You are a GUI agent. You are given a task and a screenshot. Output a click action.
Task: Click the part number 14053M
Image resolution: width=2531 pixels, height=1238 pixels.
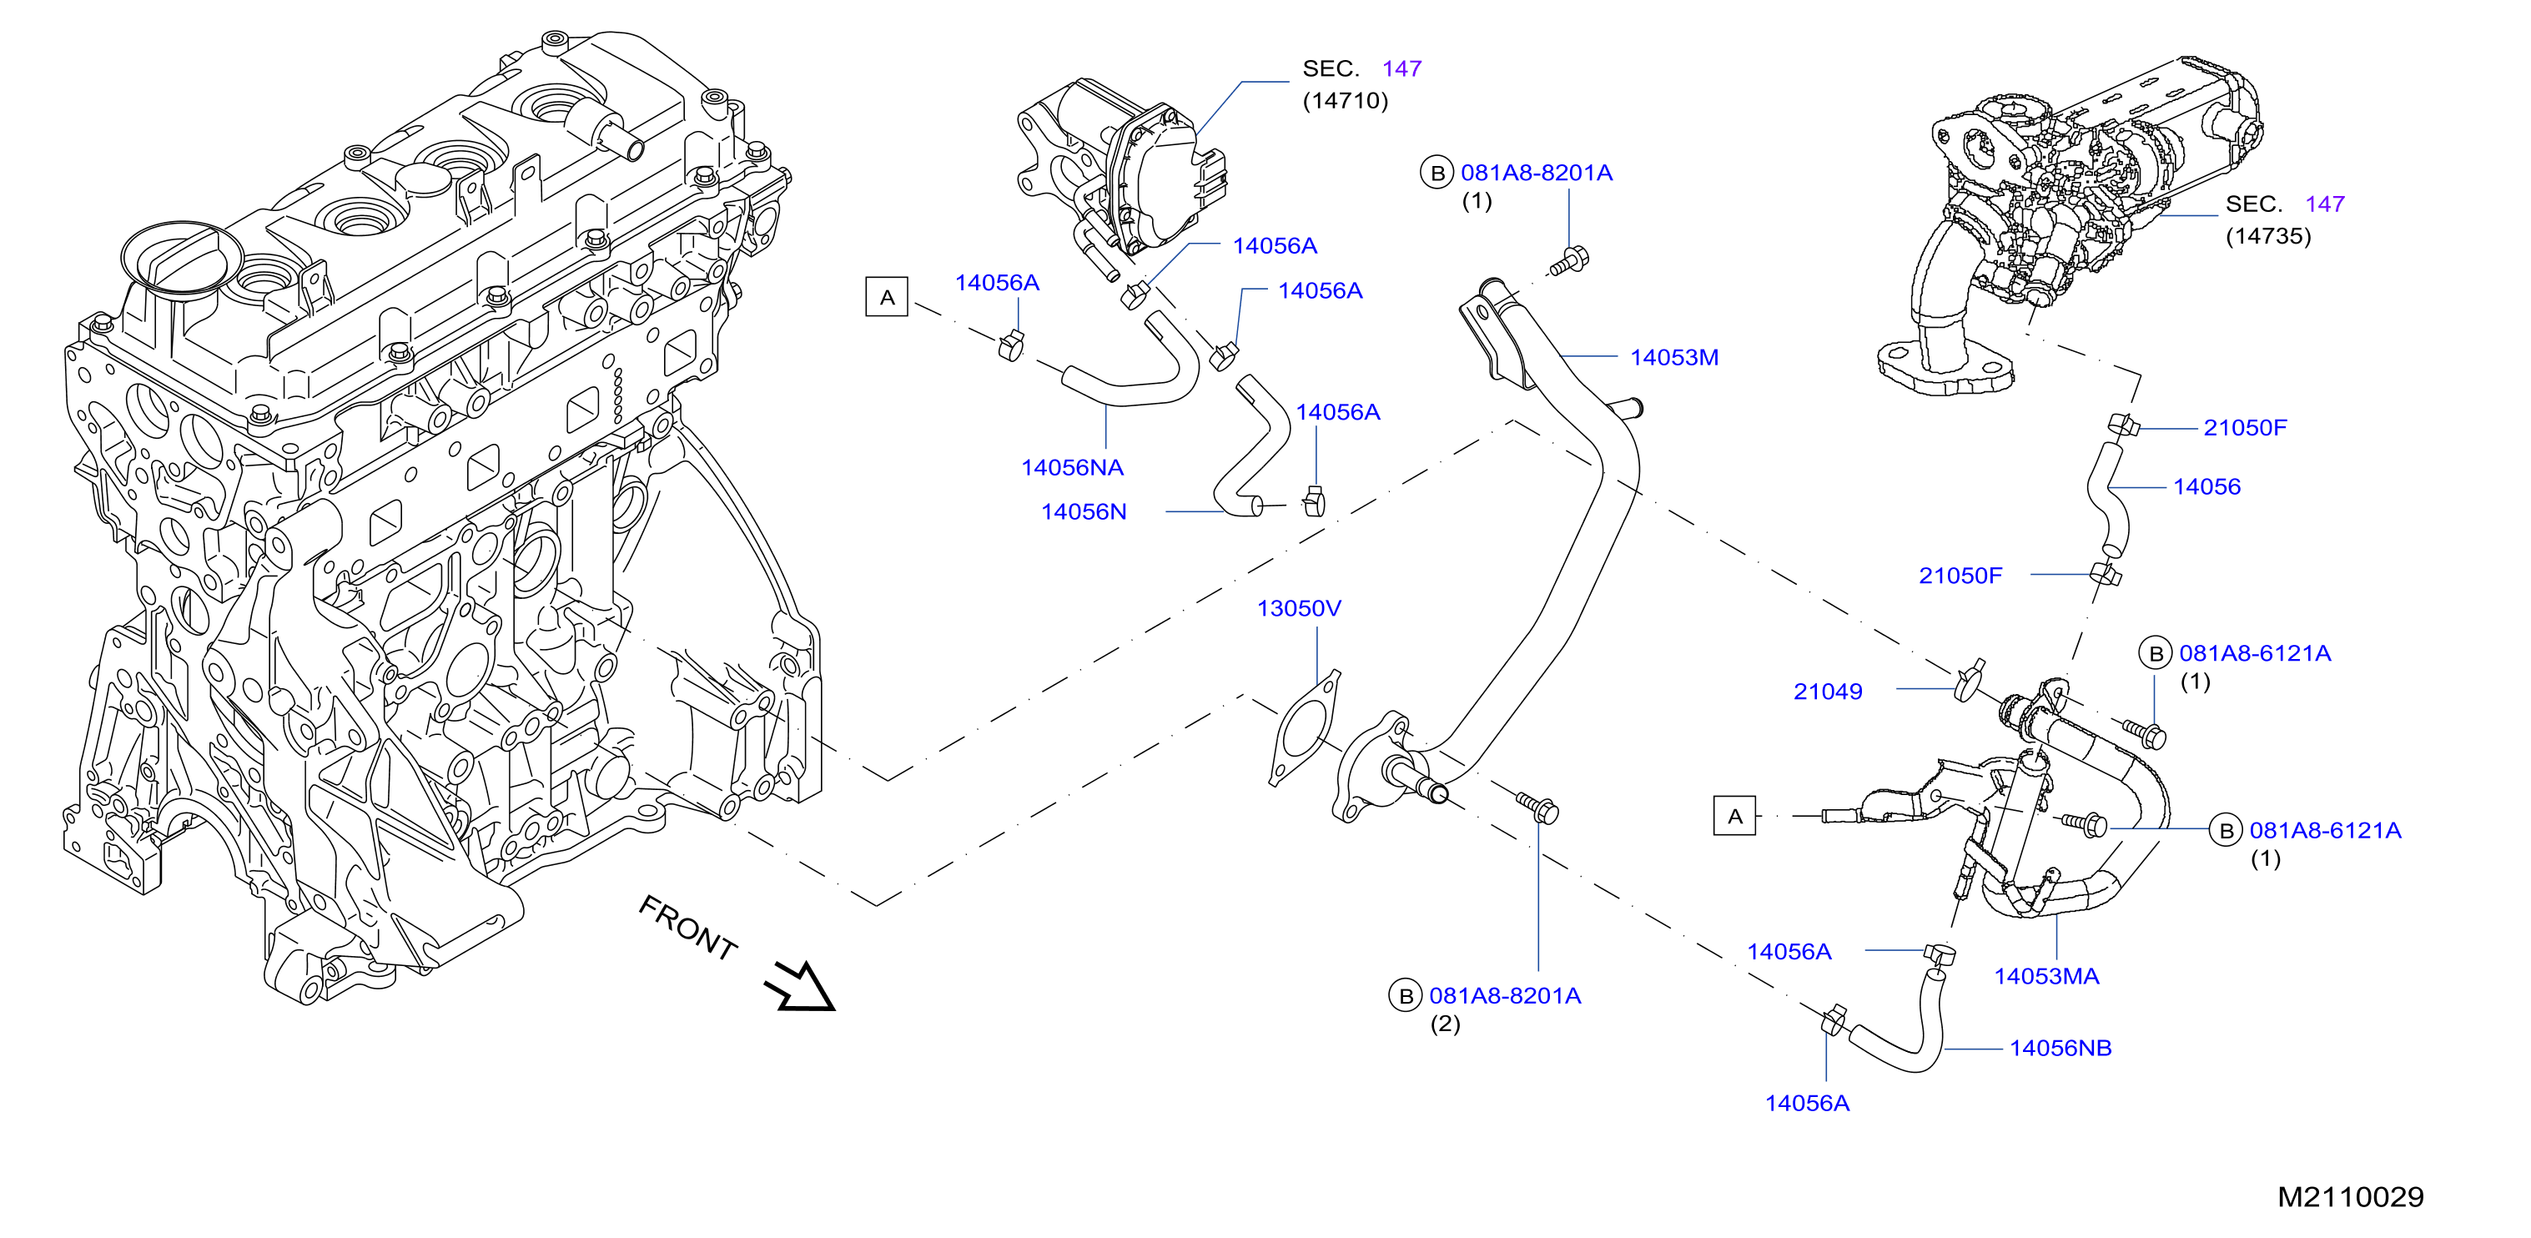[1673, 358]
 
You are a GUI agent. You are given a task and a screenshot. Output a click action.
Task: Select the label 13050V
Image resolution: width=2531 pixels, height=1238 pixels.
[1298, 608]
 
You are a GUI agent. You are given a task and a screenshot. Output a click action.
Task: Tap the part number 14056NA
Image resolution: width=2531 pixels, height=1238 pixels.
[1072, 468]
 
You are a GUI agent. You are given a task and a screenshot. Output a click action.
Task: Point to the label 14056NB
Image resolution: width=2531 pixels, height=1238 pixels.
[2061, 1049]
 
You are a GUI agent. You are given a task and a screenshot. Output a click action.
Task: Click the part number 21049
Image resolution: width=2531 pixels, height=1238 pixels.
[1828, 692]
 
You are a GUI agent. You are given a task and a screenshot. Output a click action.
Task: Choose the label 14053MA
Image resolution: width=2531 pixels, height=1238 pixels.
[2046, 977]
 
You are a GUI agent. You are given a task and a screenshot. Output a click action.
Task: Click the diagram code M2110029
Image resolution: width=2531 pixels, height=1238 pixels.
[2350, 1197]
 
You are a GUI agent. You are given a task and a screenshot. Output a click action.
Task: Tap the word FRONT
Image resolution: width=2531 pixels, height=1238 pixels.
[687, 927]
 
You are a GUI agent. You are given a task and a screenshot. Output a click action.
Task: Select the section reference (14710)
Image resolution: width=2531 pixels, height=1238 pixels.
[1345, 101]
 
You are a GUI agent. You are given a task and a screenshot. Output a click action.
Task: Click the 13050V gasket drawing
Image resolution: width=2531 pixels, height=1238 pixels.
[1304, 728]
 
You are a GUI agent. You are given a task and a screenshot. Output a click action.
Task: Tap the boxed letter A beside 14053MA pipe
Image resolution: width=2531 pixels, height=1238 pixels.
[1734, 816]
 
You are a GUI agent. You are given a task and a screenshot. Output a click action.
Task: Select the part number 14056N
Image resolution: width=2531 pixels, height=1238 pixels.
[1084, 512]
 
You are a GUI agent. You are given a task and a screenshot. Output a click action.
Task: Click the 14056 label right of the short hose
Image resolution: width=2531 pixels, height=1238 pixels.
[2206, 487]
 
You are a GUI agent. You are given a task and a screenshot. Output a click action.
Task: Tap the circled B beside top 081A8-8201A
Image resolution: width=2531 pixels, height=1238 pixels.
[1437, 173]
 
